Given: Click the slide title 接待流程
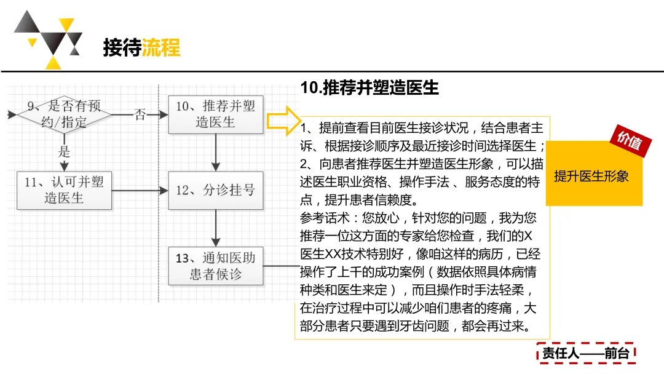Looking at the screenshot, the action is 141,47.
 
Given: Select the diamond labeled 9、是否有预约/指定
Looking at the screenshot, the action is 64,114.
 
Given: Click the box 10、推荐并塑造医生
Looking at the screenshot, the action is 215,114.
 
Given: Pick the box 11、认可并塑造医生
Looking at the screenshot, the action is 64,189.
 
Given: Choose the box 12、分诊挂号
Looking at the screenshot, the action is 215,190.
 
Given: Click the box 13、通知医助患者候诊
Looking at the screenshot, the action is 215,266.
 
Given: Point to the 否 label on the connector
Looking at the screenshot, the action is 140,114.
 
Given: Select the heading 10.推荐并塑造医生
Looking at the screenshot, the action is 370,88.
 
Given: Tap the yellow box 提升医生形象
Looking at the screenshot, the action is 591,177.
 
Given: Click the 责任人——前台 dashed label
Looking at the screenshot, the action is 585,353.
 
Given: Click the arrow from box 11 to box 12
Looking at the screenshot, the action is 140,191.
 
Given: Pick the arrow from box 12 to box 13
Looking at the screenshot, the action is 215,228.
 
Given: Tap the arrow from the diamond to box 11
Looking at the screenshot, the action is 64,163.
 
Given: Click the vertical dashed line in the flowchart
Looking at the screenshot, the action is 159,234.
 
